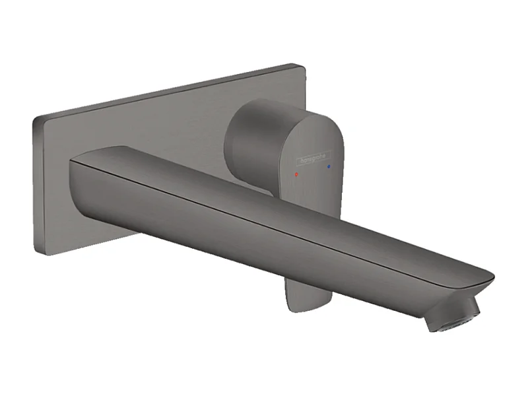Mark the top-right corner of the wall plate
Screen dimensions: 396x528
300,67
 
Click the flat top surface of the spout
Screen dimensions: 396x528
264,198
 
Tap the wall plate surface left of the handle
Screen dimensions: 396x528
145,125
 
